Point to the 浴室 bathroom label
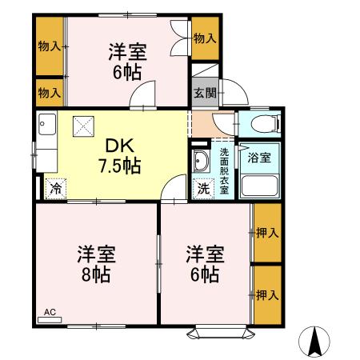pos(258,157)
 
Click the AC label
pos(50,312)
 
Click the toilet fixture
pos(264,123)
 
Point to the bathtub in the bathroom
pos(258,186)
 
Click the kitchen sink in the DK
pos(45,127)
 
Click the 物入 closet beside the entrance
pos(205,38)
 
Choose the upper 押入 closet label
pos(267,234)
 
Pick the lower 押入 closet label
pos(267,295)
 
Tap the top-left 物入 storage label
pos(50,46)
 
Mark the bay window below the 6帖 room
pos(206,330)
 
